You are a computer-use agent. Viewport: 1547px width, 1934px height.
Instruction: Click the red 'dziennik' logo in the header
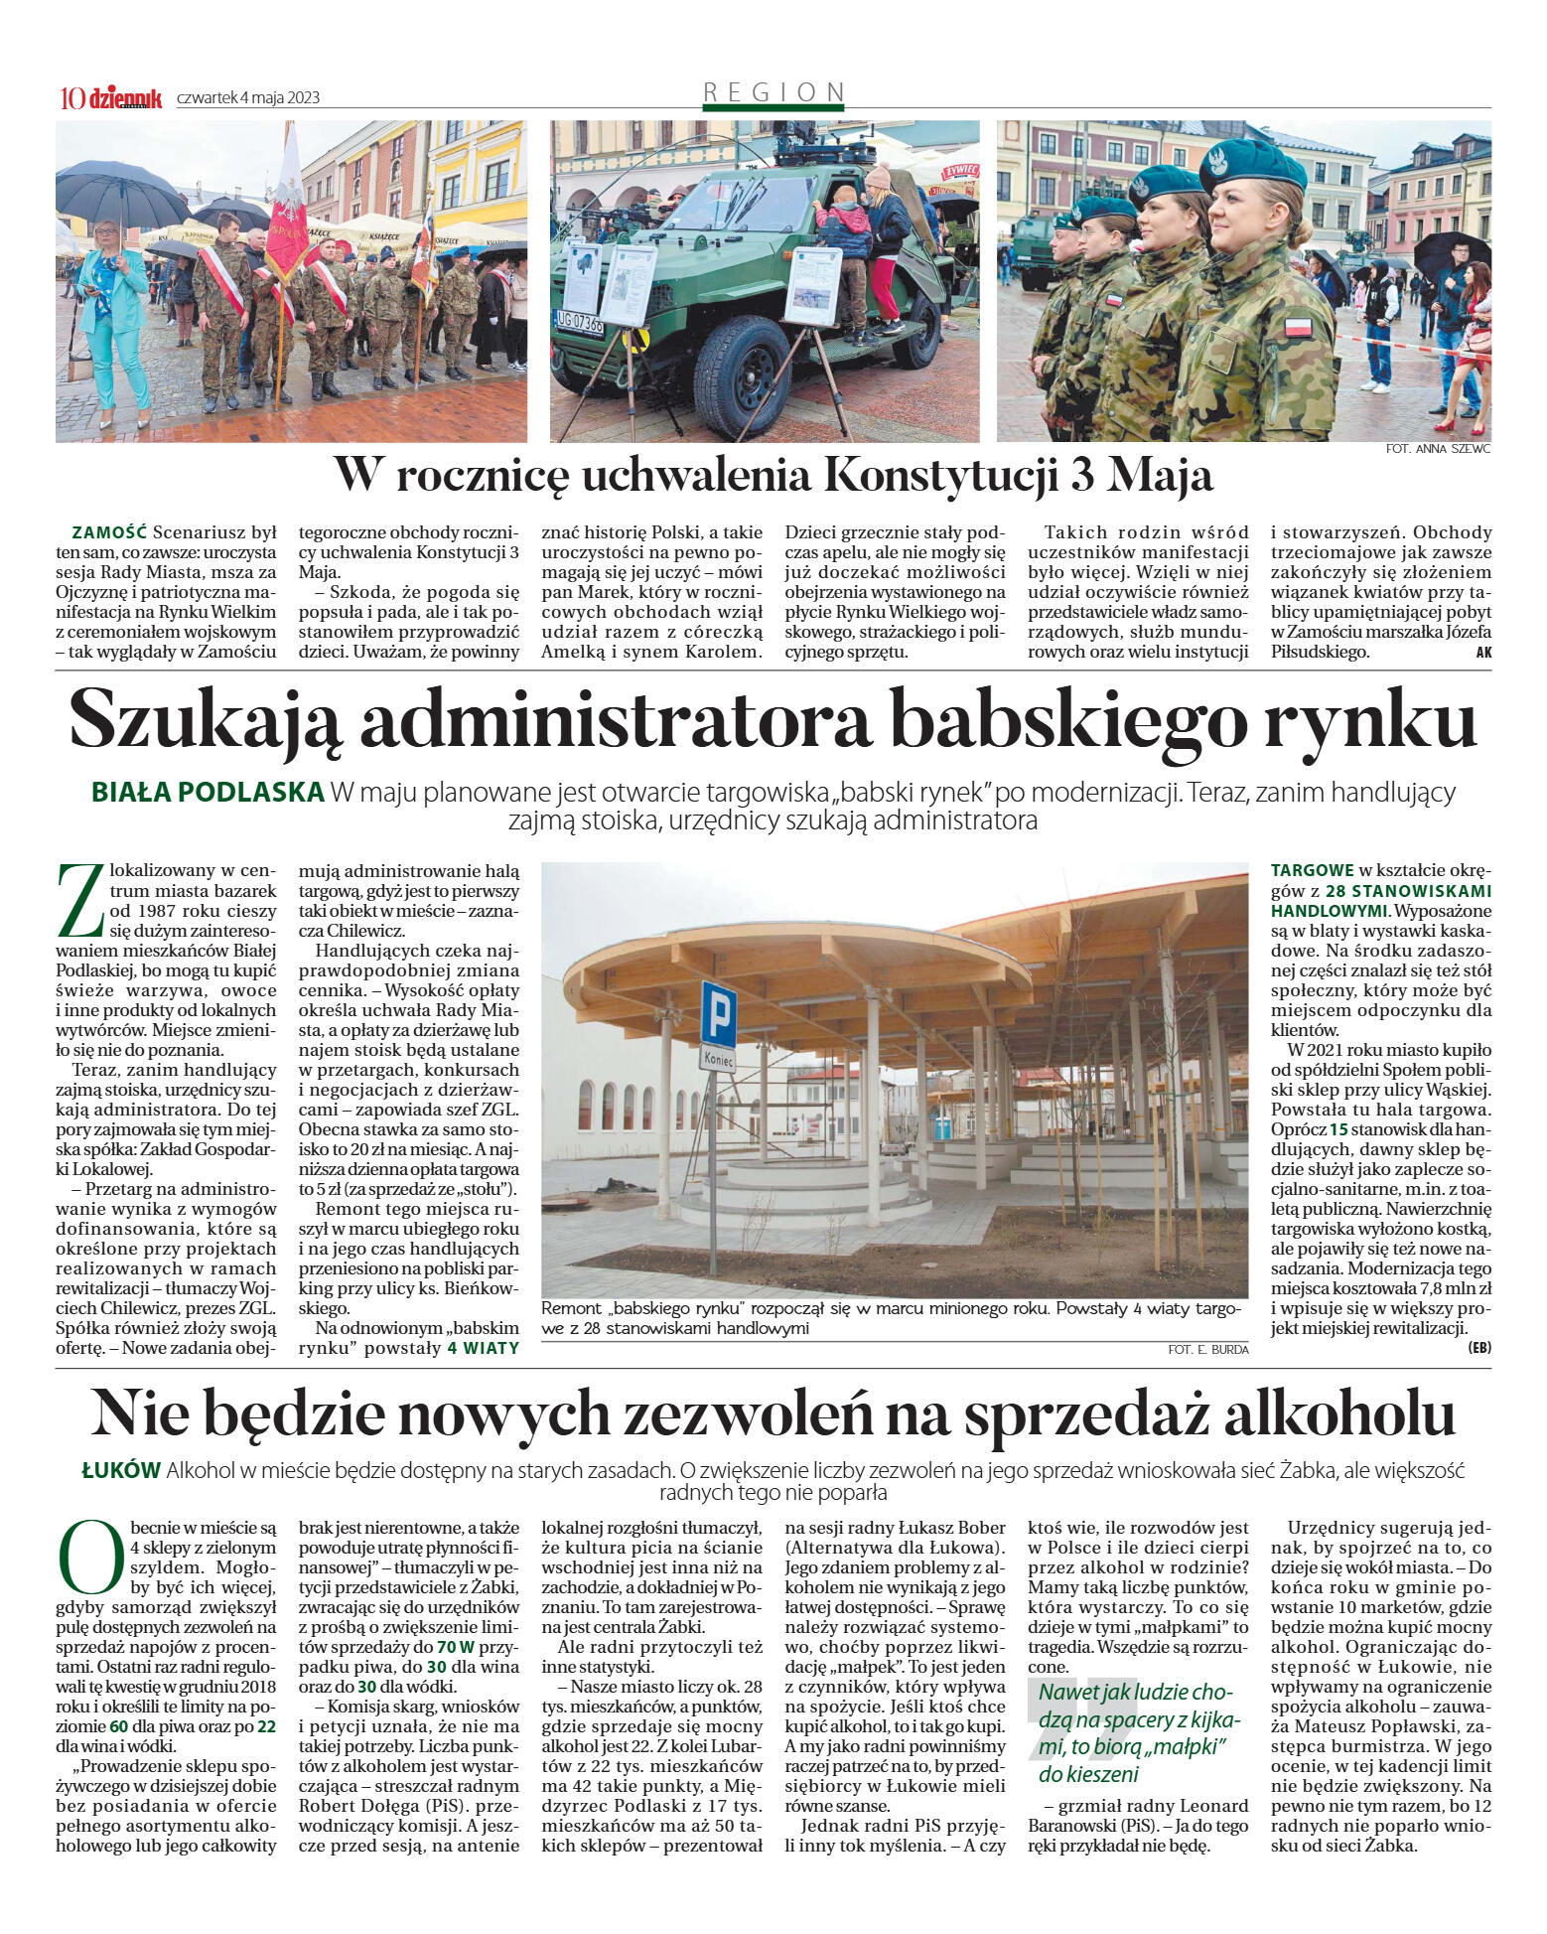[125, 97]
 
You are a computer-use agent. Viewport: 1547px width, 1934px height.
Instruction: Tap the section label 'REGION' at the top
[773, 92]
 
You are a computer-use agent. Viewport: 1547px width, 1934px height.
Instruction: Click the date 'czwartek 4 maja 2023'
[248, 98]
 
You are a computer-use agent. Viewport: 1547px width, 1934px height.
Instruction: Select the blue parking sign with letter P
[718, 1013]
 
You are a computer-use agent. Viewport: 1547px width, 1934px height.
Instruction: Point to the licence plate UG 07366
[578, 322]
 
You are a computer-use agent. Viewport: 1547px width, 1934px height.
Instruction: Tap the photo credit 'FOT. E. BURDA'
[1208, 1349]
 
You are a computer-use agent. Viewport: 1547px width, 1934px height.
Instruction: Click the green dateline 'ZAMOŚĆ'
[109, 532]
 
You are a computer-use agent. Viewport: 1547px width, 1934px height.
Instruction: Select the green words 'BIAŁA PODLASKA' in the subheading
[208, 793]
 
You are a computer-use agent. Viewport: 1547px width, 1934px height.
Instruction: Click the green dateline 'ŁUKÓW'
[121, 1471]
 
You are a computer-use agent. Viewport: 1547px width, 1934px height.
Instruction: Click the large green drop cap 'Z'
[80, 901]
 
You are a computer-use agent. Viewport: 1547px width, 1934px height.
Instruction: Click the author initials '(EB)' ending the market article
[1478, 1348]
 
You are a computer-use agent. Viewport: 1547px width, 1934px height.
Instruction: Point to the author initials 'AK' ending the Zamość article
[1483, 653]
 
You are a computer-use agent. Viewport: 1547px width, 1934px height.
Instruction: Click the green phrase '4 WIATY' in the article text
[483, 1348]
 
